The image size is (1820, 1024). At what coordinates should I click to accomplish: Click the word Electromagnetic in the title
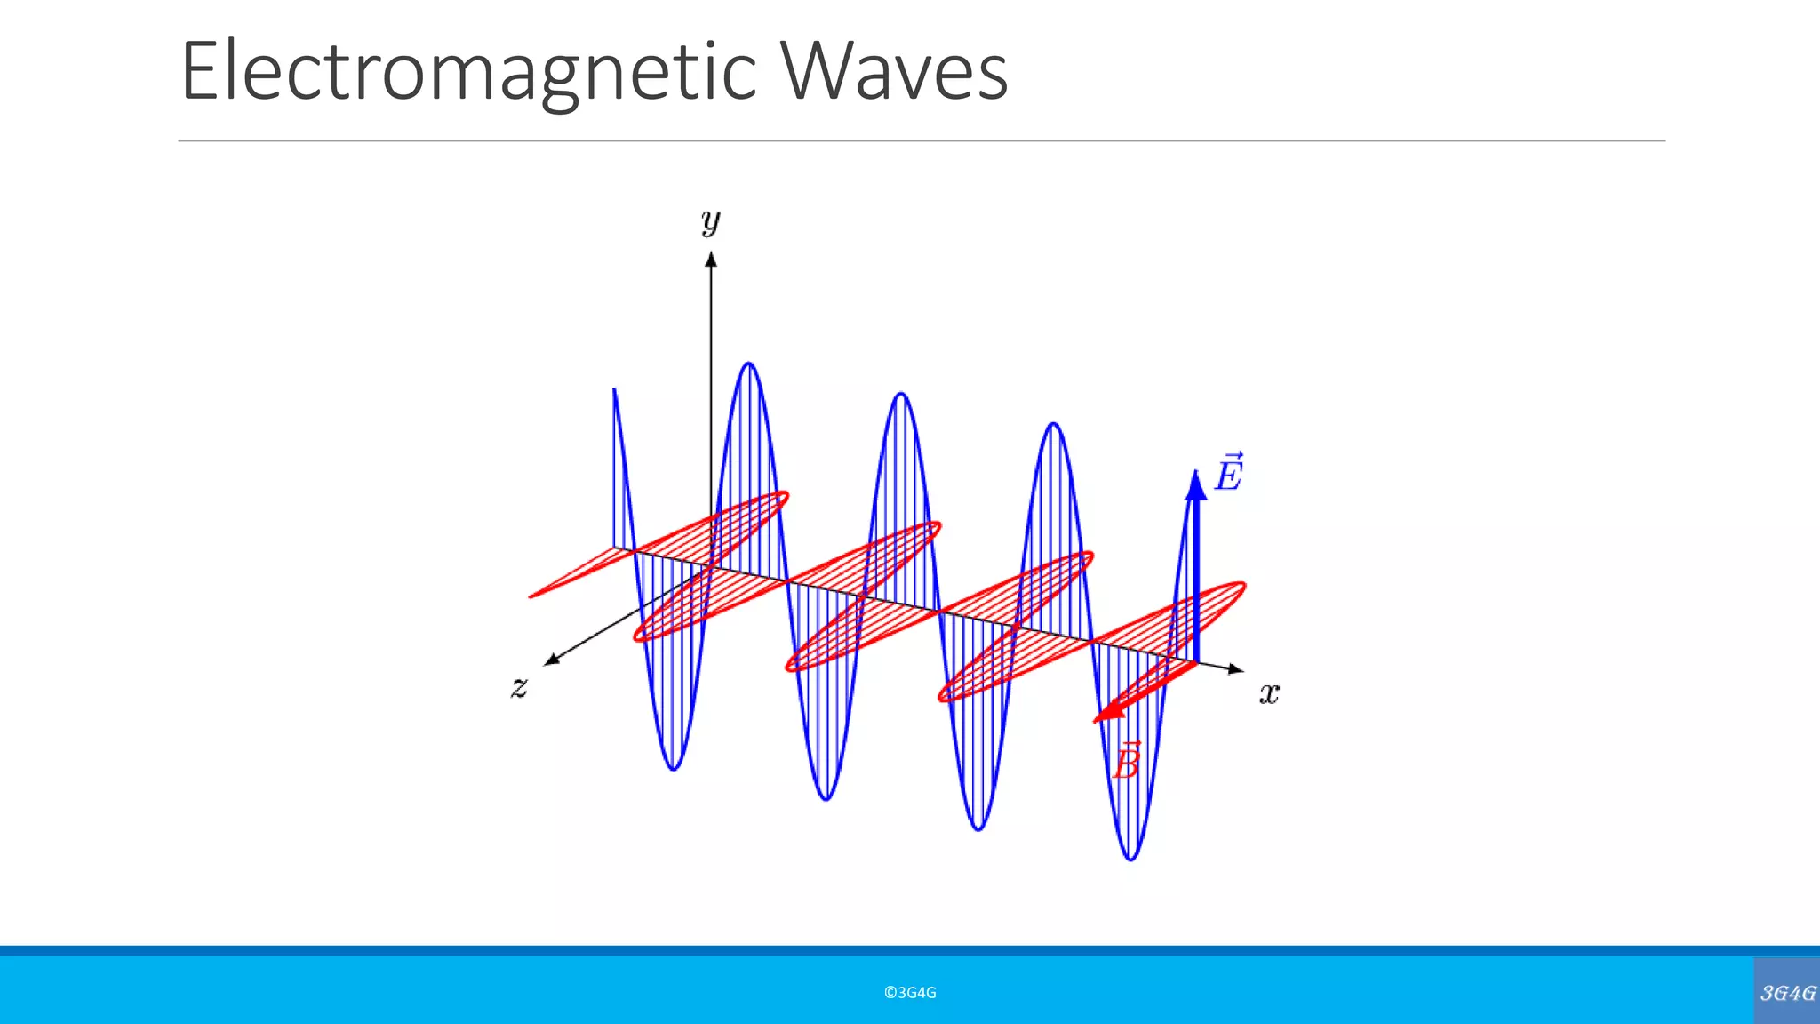point(468,71)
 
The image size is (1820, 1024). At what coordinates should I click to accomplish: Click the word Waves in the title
point(895,71)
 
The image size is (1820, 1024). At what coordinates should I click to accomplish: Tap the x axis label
point(1269,692)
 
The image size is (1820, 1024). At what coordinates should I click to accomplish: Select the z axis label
point(520,686)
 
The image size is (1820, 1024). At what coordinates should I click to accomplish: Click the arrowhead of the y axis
point(711,258)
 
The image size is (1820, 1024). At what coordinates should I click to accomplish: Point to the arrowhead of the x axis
point(1237,669)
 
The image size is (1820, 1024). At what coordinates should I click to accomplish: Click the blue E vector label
point(1229,472)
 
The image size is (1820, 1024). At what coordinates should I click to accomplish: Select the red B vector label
point(1127,762)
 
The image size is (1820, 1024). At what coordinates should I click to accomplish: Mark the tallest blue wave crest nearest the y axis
point(749,364)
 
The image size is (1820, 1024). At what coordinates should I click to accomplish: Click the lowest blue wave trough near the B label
point(1130,859)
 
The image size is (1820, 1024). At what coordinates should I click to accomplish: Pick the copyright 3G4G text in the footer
point(910,993)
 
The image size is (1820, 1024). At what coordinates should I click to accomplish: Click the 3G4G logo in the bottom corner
point(1787,992)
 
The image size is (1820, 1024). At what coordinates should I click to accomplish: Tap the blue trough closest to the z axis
point(674,768)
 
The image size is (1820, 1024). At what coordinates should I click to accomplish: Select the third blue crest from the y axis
point(1054,424)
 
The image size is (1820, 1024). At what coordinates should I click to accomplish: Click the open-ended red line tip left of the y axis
point(531,596)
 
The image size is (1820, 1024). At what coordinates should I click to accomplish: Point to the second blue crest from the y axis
point(901,394)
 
